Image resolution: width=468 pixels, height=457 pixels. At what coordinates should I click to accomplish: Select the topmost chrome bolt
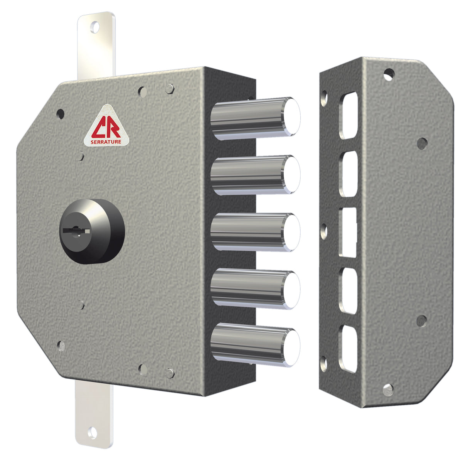click(x=254, y=118)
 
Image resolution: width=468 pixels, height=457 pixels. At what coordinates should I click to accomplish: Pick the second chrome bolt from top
click(x=254, y=175)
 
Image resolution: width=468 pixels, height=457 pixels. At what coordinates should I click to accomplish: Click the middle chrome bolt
click(x=254, y=232)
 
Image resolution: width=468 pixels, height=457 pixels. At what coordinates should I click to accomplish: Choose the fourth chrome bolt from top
click(x=254, y=290)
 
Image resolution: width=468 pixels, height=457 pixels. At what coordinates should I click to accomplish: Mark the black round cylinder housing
click(x=93, y=231)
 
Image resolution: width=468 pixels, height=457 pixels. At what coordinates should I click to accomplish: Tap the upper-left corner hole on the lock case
click(x=60, y=113)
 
